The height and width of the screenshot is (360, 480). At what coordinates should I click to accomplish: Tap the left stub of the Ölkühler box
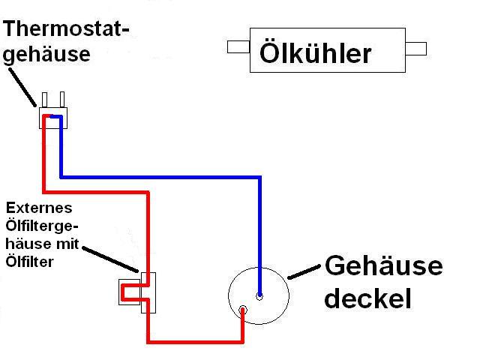pos(238,48)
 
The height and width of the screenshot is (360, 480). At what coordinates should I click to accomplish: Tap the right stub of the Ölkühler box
pos(415,49)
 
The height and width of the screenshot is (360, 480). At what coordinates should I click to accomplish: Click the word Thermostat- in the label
pos(67,29)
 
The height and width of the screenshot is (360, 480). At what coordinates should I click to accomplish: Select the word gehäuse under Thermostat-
pos(47,54)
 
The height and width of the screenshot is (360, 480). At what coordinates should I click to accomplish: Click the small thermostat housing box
pos(53,118)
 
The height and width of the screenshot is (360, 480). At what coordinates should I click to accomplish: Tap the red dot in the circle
pos(243,310)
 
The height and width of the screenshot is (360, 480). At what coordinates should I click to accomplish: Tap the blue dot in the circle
pos(259,295)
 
